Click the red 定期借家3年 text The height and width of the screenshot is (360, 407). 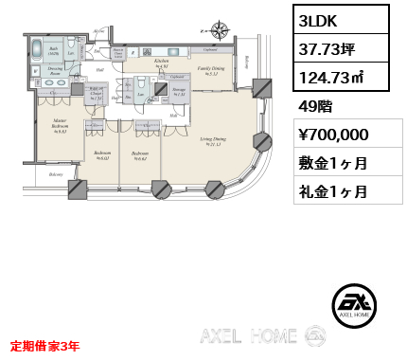(x=45, y=347)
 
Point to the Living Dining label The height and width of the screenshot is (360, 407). (x=212, y=141)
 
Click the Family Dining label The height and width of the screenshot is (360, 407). (x=211, y=70)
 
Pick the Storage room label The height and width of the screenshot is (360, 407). (x=179, y=92)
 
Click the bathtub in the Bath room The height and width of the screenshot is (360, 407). (x=35, y=50)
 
